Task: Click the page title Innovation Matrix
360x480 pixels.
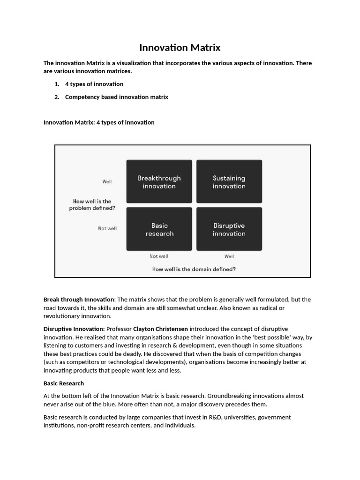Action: [x=180, y=48]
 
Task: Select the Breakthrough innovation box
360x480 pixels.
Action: [x=159, y=182]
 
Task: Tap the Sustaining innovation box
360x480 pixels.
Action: [x=229, y=182]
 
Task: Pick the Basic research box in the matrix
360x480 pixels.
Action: [x=159, y=229]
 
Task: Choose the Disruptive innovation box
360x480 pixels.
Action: [x=229, y=229]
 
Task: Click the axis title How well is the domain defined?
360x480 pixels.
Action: [x=194, y=269]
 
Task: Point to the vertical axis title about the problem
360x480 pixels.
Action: [x=92, y=205]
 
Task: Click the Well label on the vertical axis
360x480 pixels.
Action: [x=107, y=181]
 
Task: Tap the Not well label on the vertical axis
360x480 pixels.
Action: [x=107, y=228]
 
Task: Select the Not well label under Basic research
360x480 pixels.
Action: [x=159, y=256]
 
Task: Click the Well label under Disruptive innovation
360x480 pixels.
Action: [x=229, y=256]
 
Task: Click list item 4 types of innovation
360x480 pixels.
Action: [x=94, y=84]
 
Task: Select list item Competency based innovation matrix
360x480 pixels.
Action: [x=116, y=97]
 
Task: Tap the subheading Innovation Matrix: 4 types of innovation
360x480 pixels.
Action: [x=99, y=122]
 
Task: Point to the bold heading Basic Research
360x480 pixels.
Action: [x=64, y=383]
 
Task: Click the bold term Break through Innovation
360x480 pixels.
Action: [x=79, y=300]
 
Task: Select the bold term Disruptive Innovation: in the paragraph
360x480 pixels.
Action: [x=74, y=329]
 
